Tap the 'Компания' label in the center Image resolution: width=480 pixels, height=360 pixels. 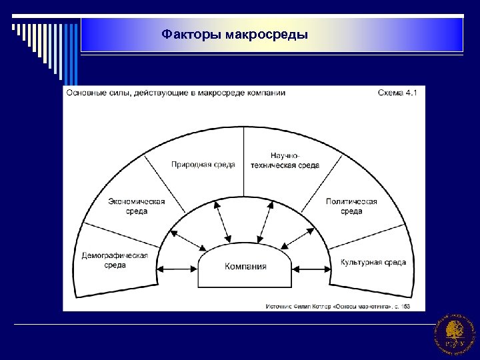coord(245,266)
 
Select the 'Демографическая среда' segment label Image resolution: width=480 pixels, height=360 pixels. coord(115,259)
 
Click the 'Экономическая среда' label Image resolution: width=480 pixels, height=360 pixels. coord(137,206)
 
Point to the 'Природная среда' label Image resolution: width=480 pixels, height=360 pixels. coord(203,164)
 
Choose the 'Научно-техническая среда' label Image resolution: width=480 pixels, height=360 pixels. coord(285,160)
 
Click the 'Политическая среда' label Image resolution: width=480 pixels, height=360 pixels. coord(351,206)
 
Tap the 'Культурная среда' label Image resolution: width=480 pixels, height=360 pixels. coord(373,263)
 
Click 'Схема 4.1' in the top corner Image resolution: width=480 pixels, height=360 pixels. coord(397,93)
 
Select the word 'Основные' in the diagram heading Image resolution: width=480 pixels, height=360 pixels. coord(85,93)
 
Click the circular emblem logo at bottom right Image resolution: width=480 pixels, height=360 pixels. coord(455,333)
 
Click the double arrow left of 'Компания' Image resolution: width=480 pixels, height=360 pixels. coord(177,269)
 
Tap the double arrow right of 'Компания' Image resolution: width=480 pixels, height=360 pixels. coord(313,269)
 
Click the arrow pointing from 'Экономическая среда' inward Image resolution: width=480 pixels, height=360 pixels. coord(188,239)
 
